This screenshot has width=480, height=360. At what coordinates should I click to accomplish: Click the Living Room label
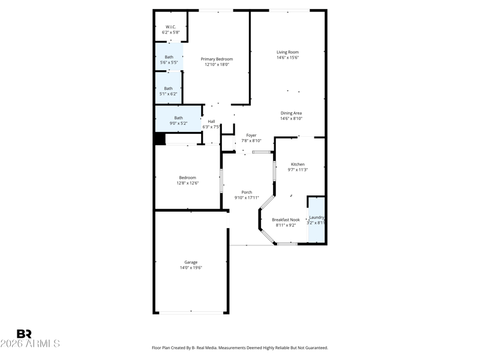pyautogui.click(x=287, y=52)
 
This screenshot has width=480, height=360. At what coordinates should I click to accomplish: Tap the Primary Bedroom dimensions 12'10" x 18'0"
pyautogui.click(x=217, y=65)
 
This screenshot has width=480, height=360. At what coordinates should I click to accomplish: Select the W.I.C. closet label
pyautogui.click(x=171, y=27)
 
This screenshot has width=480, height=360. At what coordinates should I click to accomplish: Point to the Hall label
pyautogui.click(x=211, y=122)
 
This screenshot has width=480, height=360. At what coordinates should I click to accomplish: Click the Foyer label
pyautogui.click(x=251, y=136)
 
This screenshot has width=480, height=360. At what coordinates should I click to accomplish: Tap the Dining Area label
pyautogui.click(x=291, y=113)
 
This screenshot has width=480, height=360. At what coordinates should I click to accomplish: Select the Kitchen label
pyautogui.click(x=298, y=164)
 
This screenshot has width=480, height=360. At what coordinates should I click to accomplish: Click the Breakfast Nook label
pyautogui.click(x=286, y=220)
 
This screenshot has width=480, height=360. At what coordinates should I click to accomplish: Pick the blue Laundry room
pyautogui.click(x=316, y=220)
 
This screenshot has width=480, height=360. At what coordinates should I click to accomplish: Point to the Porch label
pyautogui.click(x=247, y=192)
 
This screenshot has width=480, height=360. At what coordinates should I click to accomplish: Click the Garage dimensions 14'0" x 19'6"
pyautogui.click(x=191, y=268)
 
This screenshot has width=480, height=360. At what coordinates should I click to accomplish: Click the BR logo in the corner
pyautogui.click(x=24, y=334)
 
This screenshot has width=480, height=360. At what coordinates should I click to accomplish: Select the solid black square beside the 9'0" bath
pyautogui.click(x=160, y=139)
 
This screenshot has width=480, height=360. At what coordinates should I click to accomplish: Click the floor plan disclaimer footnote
pyautogui.click(x=240, y=348)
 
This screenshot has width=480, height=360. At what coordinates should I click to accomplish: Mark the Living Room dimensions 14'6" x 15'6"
pyautogui.click(x=288, y=58)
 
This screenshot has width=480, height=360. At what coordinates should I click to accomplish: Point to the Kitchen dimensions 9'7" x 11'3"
pyautogui.click(x=298, y=170)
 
